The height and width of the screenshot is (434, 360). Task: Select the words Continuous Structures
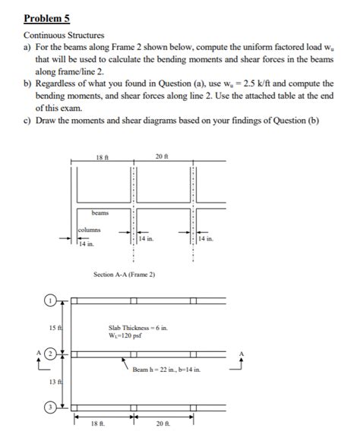(x=64, y=35)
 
